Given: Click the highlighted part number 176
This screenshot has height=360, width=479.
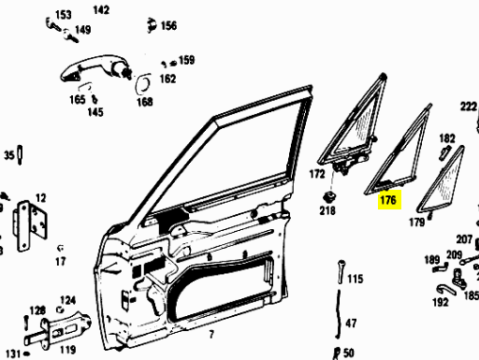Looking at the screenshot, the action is coord(388,200).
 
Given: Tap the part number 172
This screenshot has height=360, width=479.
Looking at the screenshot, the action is coord(317,174).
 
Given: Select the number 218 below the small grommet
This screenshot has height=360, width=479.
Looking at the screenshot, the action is coord(327,210).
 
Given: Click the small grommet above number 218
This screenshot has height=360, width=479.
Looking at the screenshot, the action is coord(329,197).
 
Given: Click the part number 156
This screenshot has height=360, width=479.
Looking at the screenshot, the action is coord(168,25).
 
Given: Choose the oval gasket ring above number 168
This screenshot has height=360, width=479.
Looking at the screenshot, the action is coord(143,83).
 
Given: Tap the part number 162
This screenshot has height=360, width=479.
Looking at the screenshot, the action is coord(167,79).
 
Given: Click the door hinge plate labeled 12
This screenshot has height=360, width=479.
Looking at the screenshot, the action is coord(30,226).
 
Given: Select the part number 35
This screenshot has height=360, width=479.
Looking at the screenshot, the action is coord(9,155).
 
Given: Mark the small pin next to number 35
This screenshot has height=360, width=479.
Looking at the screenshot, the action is coord(20,155).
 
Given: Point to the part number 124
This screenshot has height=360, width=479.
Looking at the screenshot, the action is coord(67,300).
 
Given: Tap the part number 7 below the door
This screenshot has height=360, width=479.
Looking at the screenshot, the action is coord(211,335).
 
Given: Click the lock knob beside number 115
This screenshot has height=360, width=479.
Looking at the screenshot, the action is coord(341,272).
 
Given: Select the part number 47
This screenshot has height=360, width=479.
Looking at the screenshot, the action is coord(351,324).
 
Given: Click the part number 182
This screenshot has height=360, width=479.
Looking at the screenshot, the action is coord(447,138).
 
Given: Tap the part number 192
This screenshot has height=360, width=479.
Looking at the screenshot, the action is coord(441,302).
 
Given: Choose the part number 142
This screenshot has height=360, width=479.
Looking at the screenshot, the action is coord(101,10).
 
